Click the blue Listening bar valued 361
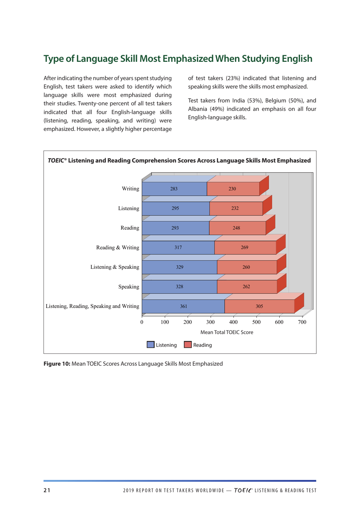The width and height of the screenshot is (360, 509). (183, 306)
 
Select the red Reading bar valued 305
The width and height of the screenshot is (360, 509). (259, 306)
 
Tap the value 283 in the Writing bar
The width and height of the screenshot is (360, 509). (174, 189)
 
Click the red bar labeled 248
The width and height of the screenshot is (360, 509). (237, 228)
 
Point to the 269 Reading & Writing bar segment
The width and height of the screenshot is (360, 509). (245, 247)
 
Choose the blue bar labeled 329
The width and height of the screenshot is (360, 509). (179, 267)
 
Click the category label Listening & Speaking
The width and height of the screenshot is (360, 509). (114, 267)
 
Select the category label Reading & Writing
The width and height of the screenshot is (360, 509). (117, 247)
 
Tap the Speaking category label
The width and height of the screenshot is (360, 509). (128, 287)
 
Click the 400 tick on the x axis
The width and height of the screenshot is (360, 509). (233, 322)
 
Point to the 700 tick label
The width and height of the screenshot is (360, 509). (302, 322)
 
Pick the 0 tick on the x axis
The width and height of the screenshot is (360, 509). (142, 322)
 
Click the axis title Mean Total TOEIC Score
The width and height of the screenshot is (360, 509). (227, 332)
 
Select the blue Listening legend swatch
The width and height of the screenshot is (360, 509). (150, 345)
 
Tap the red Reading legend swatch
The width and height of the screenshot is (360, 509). (188, 345)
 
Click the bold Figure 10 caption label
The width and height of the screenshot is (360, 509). (57, 364)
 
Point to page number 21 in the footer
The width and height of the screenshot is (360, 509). (47, 490)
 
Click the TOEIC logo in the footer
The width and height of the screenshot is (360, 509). (243, 490)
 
